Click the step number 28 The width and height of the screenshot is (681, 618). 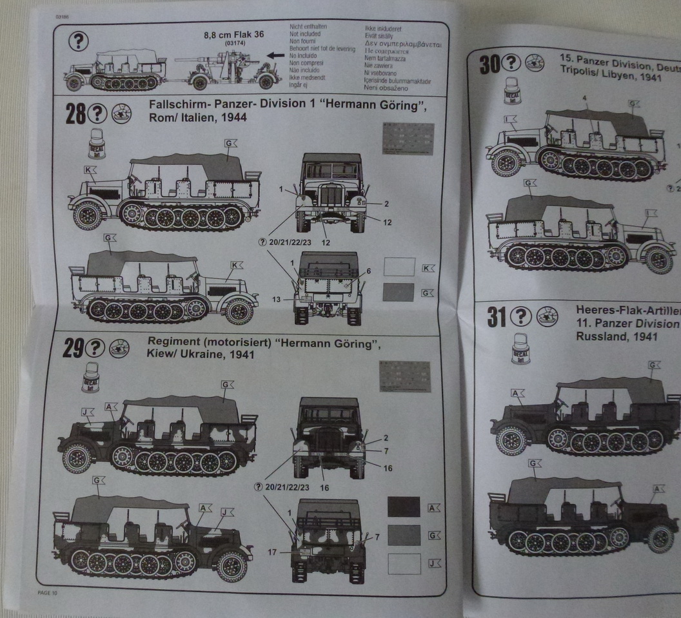[x=75, y=114]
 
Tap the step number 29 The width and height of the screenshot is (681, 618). [x=72, y=348]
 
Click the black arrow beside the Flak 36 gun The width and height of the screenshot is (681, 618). [x=275, y=56]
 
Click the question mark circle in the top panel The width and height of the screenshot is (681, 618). [x=77, y=41]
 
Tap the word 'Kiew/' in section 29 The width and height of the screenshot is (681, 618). [x=163, y=355]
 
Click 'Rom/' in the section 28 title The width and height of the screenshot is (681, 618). [x=162, y=119]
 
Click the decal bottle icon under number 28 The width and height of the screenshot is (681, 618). [x=97, y=142]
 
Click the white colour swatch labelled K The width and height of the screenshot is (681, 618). [x=399, y=267]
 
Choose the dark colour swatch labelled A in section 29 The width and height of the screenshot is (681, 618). [x=404, y=507]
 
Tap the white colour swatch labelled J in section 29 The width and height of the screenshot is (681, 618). [x=404, y=563]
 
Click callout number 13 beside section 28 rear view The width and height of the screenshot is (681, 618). [x=276, y=299]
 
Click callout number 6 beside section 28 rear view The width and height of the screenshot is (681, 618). [x=368, y=271]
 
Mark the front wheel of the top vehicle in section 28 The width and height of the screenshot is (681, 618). [x=88, y=215]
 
